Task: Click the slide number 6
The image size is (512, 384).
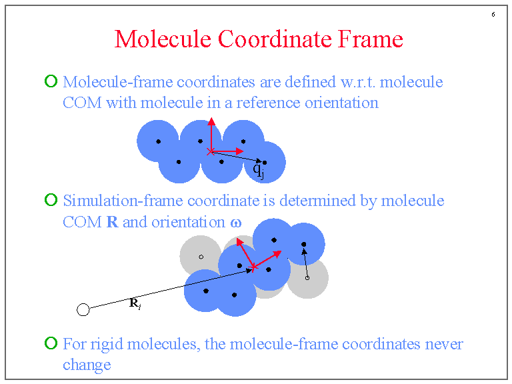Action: tap(493, 15)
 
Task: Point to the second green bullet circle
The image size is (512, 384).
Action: tap(51, 200)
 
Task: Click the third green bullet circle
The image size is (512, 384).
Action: tap(51, 343)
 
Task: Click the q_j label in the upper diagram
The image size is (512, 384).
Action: tap(259, 171)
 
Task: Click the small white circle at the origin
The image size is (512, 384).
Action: tap(83, 309)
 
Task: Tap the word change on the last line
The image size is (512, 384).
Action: tap(87, 365)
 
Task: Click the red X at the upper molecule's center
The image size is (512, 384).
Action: tap(211, 152)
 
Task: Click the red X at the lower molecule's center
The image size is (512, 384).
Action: tap(253, 268)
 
